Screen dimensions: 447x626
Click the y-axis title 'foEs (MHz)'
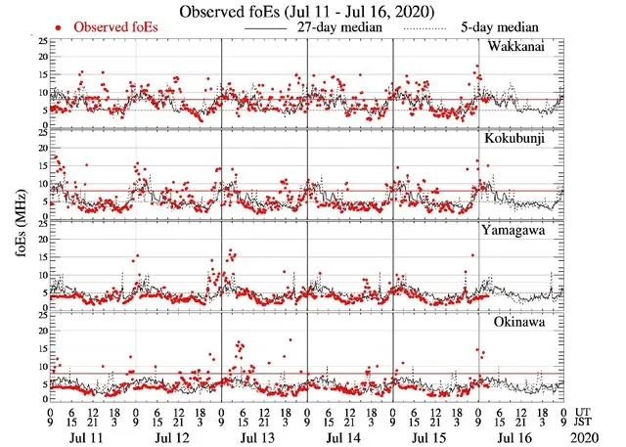[x=16, y=224]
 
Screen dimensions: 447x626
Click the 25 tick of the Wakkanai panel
[x=40, y=42]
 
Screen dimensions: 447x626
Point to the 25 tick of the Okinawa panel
[x=40, y=316]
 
